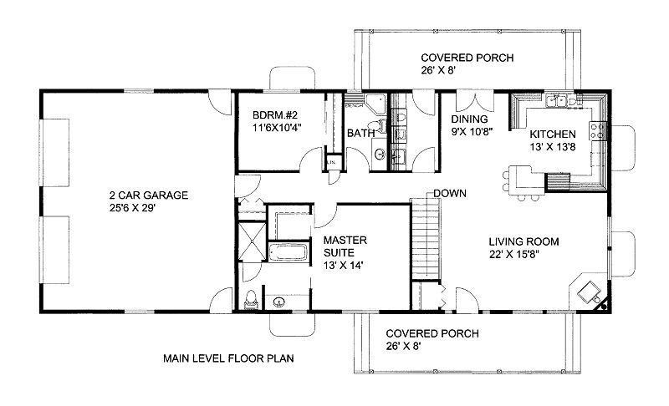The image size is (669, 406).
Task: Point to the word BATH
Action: [360, 133]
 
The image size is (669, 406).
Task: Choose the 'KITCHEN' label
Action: [552, 134]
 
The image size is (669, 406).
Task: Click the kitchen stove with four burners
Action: [597, 131]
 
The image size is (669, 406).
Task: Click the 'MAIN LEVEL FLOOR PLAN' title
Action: [228, 358]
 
